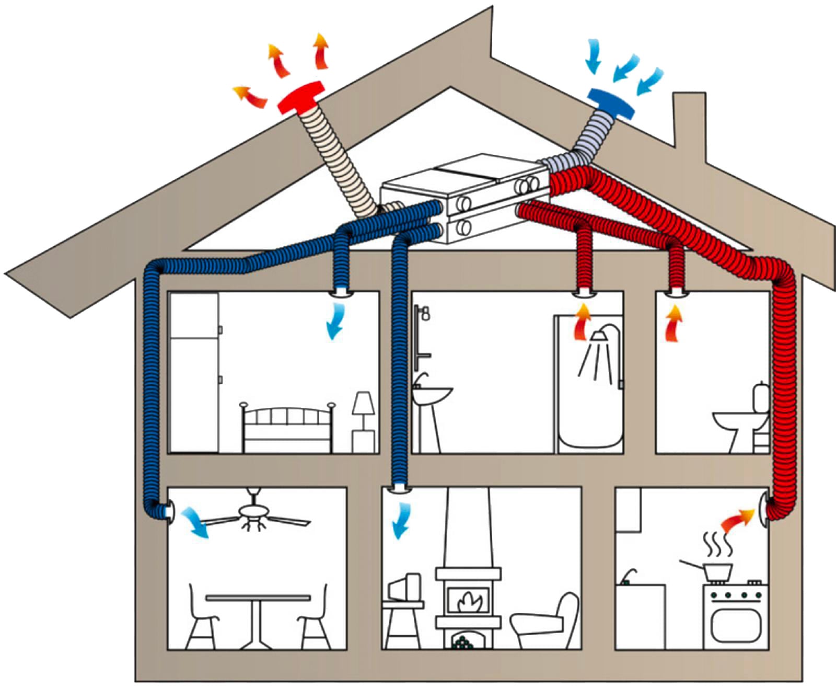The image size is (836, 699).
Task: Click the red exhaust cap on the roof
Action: pos(300,97)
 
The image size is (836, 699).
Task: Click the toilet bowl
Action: pos(734,420)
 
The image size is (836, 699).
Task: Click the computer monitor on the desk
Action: pos(405,586)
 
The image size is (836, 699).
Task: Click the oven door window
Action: pos(736,625)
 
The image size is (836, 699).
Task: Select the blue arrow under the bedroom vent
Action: pos(334,322)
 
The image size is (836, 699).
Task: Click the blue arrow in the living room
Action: pos(401,520)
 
